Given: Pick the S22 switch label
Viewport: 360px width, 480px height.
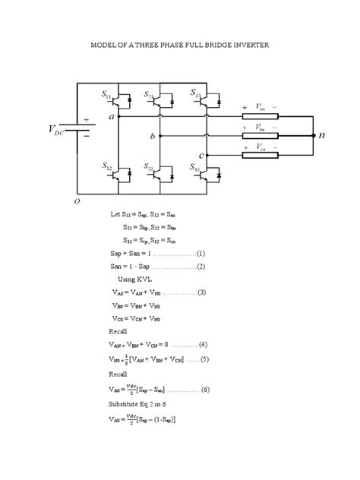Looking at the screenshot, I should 150,167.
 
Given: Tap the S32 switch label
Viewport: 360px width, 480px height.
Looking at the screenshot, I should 195,167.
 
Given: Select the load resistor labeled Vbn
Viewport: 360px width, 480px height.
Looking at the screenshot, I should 261,137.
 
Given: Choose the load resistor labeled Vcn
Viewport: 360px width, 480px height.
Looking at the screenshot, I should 261,156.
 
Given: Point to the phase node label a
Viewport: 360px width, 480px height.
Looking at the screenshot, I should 112,117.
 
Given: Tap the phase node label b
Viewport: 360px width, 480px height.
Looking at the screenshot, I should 152,136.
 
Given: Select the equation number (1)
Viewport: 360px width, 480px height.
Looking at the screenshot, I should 200,253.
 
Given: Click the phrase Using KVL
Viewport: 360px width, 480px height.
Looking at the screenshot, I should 137,279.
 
